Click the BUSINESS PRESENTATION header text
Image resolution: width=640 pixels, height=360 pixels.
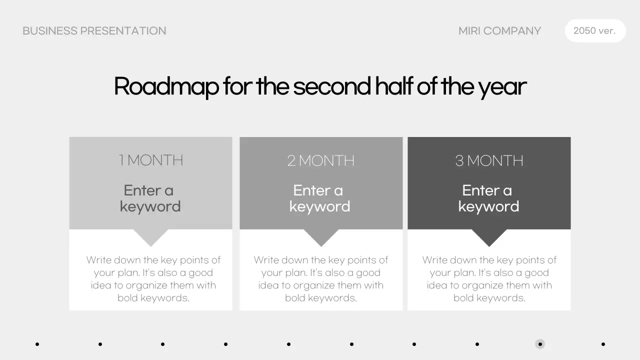[x=94, y=31]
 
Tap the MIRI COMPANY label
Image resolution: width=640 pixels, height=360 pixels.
[x=499, y=31]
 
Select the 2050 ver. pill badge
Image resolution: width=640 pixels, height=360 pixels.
[x=595, y=31]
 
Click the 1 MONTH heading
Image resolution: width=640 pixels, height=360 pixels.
[x=150, y=160]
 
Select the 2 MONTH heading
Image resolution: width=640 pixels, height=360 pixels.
[x=320, y=160]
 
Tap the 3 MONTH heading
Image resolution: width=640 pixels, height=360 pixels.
[x=489, y=160]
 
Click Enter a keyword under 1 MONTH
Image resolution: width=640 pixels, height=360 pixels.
[x=150, y=198]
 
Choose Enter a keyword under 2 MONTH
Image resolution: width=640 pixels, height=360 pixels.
[x=320, y=198]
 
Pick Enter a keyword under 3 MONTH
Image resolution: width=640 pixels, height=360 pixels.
[x=488, y=198]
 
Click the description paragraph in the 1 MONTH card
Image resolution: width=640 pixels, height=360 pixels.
[x=153, y=279]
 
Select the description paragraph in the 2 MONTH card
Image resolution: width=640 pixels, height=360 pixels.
[x=320, y=279]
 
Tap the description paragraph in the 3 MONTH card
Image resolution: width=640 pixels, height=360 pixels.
[x=489, y=279]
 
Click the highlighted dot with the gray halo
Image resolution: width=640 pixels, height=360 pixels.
[x=540, y=344]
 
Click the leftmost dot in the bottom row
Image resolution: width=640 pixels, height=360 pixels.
[x=37, y=344]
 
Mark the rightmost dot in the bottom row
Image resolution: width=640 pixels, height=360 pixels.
[x=603, y=344]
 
